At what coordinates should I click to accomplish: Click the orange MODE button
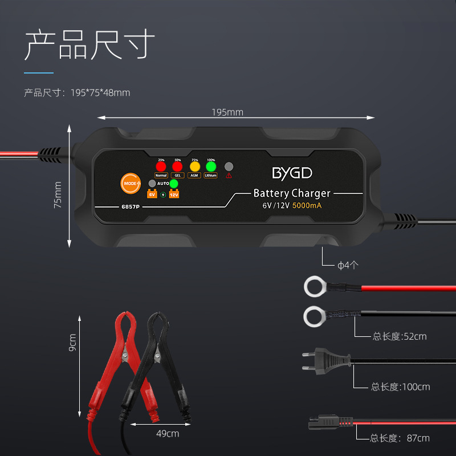(131, 184)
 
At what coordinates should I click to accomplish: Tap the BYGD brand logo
(292, 173)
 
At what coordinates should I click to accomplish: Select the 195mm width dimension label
(227, 112)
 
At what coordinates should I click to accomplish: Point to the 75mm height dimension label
(58, 195)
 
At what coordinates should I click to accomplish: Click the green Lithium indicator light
(211, 166)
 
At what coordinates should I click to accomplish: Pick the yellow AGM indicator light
(195, 166)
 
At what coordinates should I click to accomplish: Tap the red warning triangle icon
(229, 176)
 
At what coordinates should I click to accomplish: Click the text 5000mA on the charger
(307, 206)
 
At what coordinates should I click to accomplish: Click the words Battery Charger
(292, 193)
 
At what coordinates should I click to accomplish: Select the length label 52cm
(400, 336)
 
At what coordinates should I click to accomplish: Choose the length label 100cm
(401, 387)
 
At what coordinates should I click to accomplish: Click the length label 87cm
(400, 438)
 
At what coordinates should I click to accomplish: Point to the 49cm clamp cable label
(168, 433)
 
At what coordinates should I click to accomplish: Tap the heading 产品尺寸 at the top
(89, 46)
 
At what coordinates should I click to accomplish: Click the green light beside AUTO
(174, 184)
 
